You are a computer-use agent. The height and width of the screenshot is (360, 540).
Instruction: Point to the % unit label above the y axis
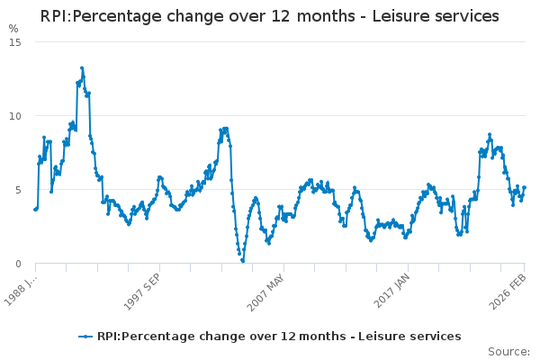coord(13,29)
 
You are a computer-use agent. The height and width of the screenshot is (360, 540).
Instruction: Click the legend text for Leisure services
coord(279,337)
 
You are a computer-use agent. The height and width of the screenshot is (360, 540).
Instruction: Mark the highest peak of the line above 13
coord(82,67)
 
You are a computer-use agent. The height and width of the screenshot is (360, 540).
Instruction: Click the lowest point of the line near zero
coord(243,261)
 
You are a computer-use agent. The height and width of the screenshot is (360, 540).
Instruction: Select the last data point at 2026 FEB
coord(524,187)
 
